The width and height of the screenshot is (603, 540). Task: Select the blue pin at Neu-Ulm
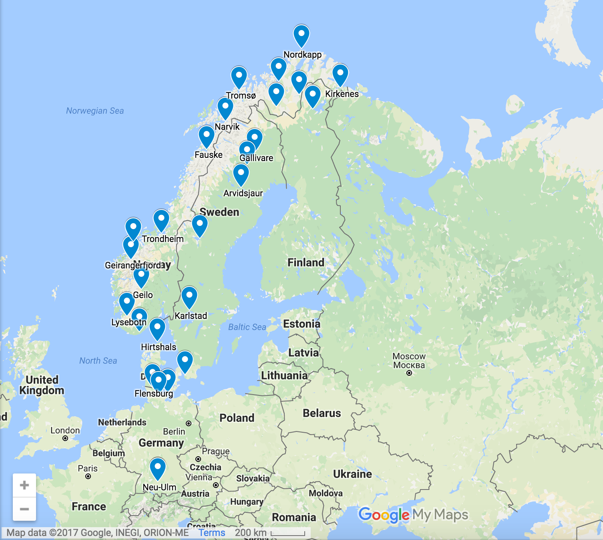tap(157, 467)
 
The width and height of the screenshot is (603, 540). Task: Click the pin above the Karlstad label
tap(189, 296)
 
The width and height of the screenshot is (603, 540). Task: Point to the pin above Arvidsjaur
tap(241, 174)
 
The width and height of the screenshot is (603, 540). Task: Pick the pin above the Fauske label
tap(206, 136)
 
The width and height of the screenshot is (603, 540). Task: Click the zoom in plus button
tap(24, 485)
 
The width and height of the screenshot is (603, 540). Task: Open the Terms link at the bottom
tap(212, 533)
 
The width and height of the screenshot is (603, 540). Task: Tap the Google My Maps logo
tap(413, 515)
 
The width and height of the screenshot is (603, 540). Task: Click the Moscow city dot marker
tap(409, 373)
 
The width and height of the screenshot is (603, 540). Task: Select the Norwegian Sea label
tap(95, 111)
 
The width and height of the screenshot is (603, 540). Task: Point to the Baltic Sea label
tap(247, 327)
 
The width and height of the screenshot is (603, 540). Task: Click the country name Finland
tap(306, 263)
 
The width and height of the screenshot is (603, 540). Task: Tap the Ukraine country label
tap(352, 474)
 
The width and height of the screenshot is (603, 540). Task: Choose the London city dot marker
tap(65, 438)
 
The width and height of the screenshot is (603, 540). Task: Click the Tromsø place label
tap(241, 96)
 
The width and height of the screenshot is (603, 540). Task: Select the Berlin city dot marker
tap(189, 423)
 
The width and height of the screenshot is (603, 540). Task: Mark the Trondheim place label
tap(163, 239)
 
